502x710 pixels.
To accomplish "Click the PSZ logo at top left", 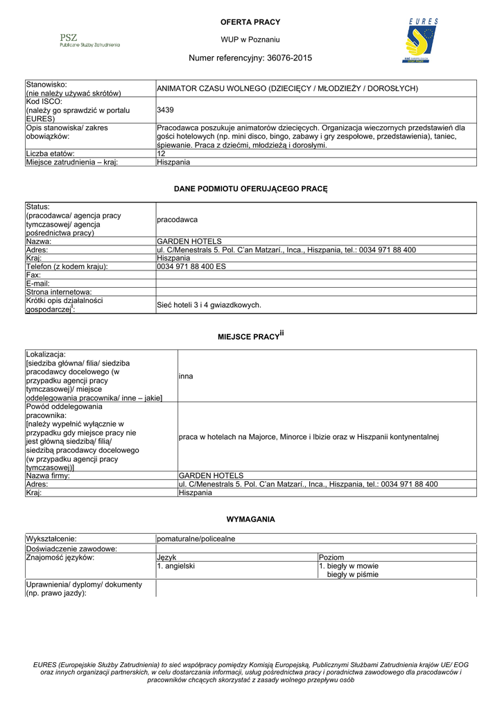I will coord(89,40).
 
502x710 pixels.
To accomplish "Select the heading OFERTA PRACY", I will coord(250,23).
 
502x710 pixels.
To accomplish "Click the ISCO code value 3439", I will coord(166,110).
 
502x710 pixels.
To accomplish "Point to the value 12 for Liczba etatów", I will coord(162,153).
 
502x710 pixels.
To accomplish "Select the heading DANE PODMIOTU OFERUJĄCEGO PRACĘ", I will coord(250,189).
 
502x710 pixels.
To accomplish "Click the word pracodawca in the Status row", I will coord(178,219).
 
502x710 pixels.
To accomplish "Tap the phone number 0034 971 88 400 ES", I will coord(191,266).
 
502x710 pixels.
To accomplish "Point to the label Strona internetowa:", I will coord(59,292).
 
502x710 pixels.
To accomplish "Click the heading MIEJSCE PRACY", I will coord(248,336).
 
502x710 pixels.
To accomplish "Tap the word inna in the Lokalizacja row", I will coord(186,376).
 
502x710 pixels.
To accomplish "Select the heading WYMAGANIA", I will coord(250,519).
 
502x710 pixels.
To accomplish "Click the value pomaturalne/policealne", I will coord(196,539).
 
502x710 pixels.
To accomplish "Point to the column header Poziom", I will coord(331,557).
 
